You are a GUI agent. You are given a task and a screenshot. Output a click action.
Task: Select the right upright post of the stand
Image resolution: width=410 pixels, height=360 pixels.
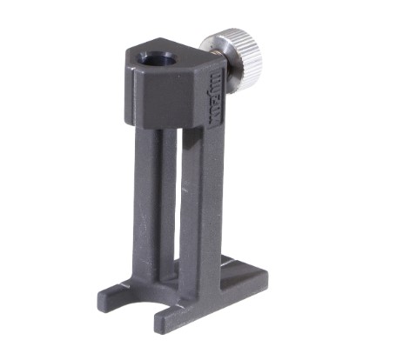pos(193,200)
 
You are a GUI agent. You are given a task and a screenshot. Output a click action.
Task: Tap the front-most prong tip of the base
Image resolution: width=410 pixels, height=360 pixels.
pos(165,323)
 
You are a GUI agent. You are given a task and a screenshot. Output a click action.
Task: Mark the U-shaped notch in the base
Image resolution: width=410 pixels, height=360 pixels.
pos(144,300)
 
